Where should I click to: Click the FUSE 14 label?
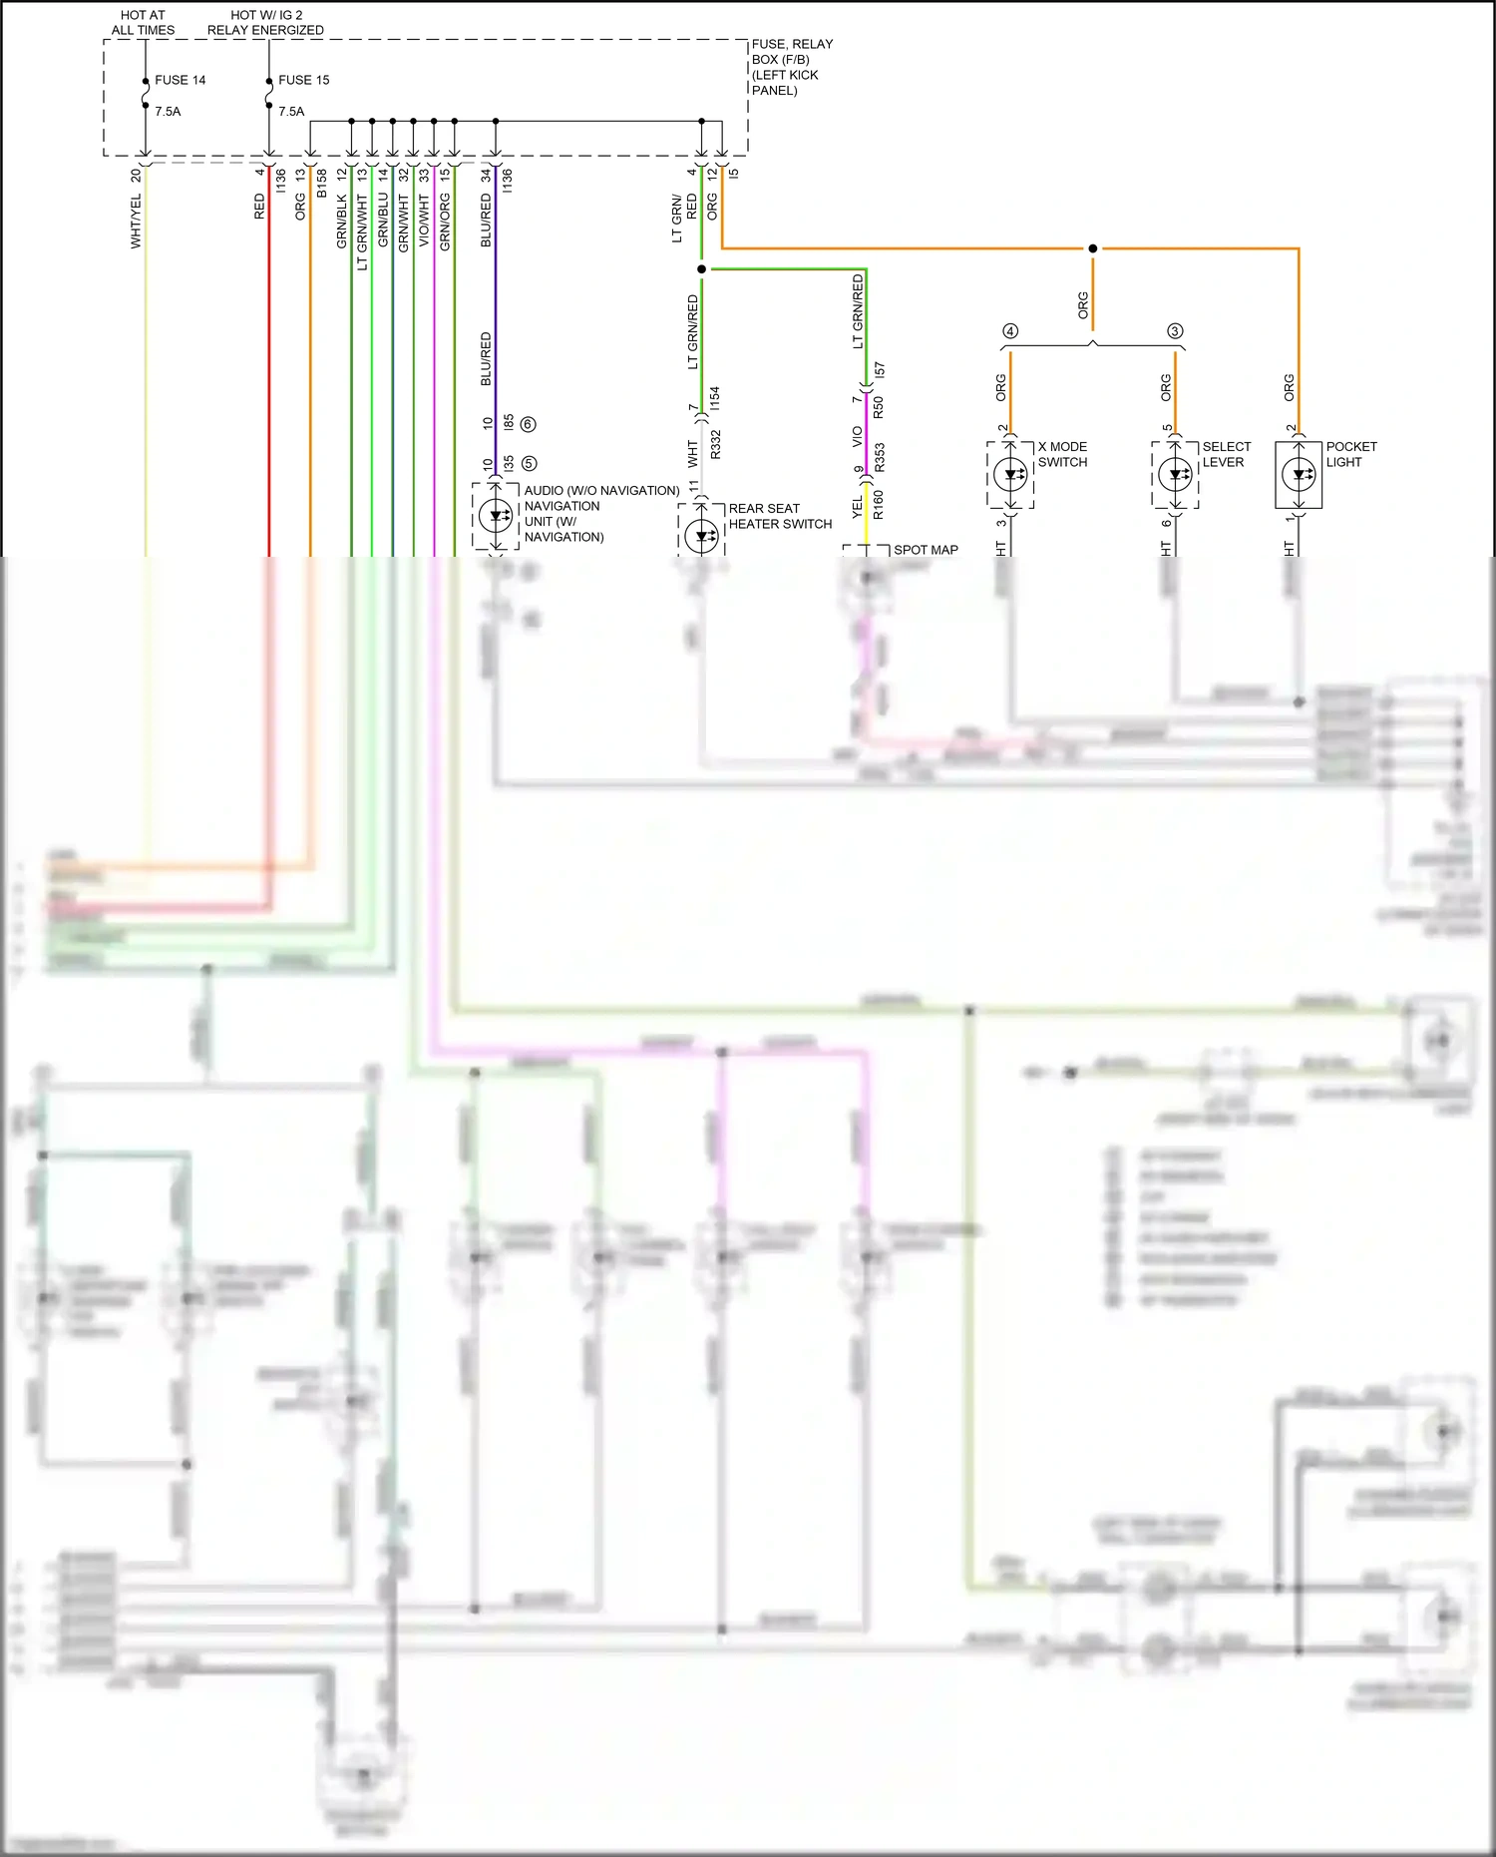click(180, 80)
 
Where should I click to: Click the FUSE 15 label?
click(303, 80)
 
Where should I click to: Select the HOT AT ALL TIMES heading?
click(143, 23)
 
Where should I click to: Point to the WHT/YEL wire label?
click(136, 222)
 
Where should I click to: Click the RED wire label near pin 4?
click(259, 207)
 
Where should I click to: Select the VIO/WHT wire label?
click(424, 222)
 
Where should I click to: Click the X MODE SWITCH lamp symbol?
click(1011, 475)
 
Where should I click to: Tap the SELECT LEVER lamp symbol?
click(1176, 475)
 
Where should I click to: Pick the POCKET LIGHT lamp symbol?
click(1299, 475)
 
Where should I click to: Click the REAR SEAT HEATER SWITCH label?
click(779, 516)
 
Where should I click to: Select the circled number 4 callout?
click(1010, 331)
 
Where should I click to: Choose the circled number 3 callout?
click(1175, 331)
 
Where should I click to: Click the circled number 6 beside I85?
click(529, 424)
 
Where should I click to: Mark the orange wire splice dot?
click(1093, 248)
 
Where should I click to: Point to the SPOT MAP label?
click(925, 550)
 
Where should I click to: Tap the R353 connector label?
click(879, 457)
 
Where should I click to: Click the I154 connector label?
click(714, 398)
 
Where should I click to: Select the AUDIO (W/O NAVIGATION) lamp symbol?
click(496, 516)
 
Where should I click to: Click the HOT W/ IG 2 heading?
click(265, 23)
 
